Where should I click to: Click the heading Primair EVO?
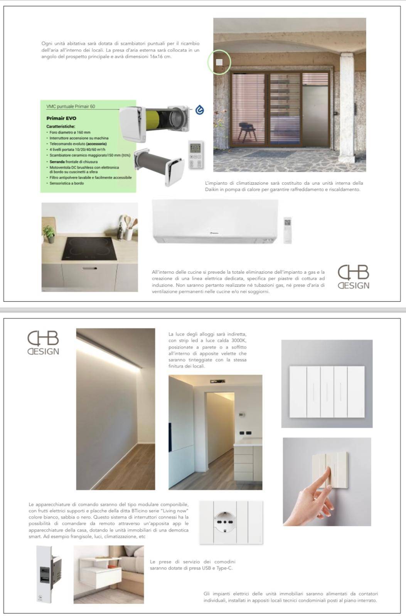coord(61,118)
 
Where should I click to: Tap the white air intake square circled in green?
coord(219,62)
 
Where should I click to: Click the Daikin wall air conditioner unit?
coord(215,221)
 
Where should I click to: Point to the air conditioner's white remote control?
coord(288,230)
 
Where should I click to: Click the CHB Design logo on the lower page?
coord(43,343)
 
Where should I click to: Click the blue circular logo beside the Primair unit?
coord(199,110)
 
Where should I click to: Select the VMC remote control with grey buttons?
coord(196,155)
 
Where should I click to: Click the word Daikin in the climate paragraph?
coord(213,189)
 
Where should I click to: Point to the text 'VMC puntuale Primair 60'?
coord(71,106)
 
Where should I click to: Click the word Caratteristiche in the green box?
coord(61,126)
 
